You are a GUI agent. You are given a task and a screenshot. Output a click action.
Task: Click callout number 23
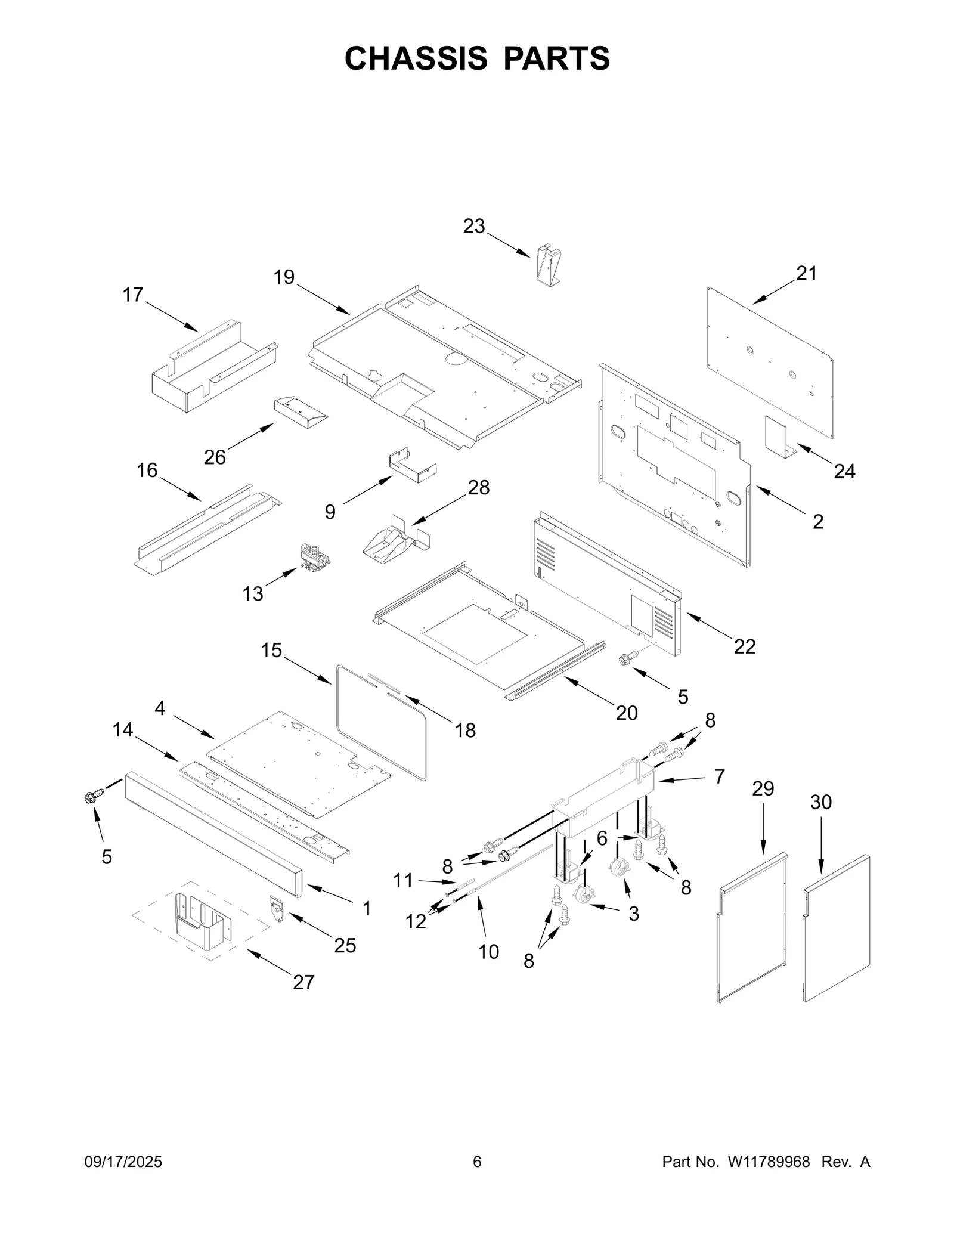click(474, 227)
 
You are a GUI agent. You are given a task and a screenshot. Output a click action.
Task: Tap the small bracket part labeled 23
click(549, 264)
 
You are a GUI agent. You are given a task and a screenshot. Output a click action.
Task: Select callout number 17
click(133, 295)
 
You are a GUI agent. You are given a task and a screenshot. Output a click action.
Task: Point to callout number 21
click(806, 273)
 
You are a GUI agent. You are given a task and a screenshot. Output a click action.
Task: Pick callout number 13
click(253, 593)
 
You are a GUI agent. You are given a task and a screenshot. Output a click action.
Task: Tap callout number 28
click(478, 487)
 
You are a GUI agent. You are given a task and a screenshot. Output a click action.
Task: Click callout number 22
click(745, 646)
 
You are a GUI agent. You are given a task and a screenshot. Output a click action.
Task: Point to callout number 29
click(763, 788)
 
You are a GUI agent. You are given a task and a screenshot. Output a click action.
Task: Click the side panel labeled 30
click(836, 930)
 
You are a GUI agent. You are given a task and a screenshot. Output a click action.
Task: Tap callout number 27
click(303, 982)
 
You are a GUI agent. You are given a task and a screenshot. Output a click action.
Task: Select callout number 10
click(488, 952)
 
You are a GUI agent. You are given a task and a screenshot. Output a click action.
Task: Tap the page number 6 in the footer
click(476, 1162)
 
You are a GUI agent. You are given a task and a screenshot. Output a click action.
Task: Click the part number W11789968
click(768, 1162)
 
